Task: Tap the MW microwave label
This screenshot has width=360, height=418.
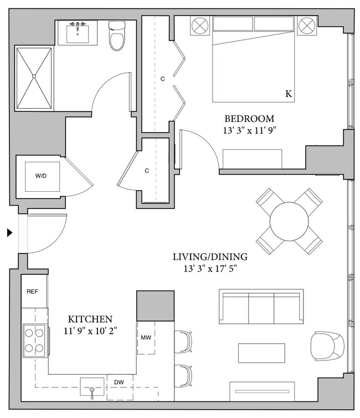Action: point(146,337)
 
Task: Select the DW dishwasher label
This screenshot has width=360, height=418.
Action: point(119,382)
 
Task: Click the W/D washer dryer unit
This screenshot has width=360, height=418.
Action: point(41,176)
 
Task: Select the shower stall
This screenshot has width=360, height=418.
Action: point(35,78)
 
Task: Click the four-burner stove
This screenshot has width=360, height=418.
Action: point(34,340)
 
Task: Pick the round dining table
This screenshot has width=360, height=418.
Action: point(289,221)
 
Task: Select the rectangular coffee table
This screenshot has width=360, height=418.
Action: point(261,353)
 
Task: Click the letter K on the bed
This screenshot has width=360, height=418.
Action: point(289,94)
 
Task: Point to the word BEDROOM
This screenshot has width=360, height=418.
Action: point(249,119)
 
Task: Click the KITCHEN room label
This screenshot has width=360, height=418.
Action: point(90,319)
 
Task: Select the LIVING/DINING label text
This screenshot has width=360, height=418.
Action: point(210,257)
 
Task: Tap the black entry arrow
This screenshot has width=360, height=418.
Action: point(9,233)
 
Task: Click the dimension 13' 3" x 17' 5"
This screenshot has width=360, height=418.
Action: point(210,270)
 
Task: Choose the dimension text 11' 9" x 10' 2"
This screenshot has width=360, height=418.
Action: point(90,332)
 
